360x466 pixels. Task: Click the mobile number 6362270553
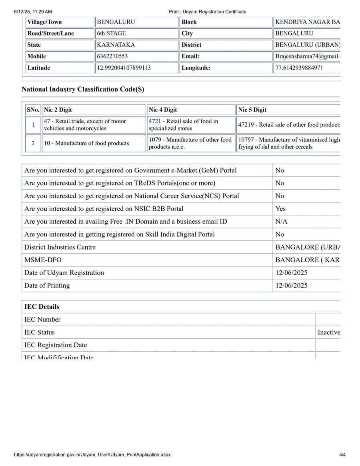[112, 56]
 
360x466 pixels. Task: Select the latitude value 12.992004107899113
[124, 68]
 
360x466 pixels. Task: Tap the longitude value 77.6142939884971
[299, 68]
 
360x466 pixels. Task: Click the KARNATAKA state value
[116, 45]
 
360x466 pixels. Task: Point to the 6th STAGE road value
[111, 34]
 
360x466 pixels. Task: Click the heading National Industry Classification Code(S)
[83, 89]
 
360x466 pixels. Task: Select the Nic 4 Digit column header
[163, 110]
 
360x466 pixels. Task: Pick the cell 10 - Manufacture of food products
[86, 143]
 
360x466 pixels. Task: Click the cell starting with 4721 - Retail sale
[183, 125]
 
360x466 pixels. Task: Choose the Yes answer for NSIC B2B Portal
[280, 209]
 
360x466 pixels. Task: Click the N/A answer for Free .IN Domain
[281, 222]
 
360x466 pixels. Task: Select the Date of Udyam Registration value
[291, 273]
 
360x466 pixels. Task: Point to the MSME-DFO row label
[43, 260]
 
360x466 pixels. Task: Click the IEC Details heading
[42, 307]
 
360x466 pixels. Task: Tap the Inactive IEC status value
[328, 332]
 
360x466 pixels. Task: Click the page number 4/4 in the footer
[342, 455]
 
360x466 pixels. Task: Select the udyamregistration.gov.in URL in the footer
[92, 455]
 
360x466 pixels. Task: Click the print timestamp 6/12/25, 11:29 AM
[33, 12]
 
